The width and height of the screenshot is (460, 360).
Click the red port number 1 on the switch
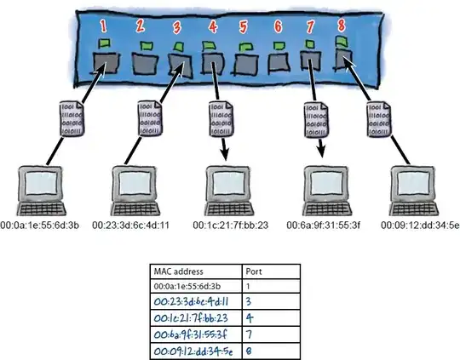(x=105, y=26)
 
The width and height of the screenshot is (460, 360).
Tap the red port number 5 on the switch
(x=243, y=26)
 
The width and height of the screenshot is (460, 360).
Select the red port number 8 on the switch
(x=342, y=25)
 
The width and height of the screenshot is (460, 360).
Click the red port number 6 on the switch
(x=277, y=26)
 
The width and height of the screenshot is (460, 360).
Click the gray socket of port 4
(x=210, y=65)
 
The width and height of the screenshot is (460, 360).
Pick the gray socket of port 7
(x=309, y=63)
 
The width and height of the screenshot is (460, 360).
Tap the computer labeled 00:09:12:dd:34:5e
(x=418, y=191)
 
